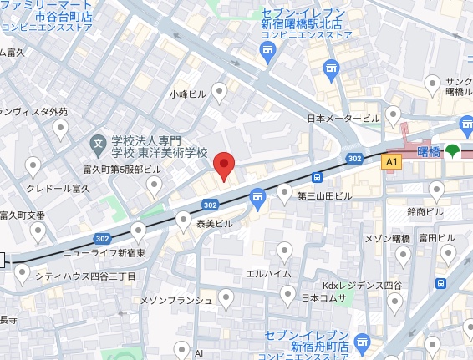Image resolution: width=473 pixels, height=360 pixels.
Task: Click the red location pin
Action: point(224,165)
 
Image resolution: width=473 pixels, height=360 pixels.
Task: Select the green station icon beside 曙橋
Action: point(452,151)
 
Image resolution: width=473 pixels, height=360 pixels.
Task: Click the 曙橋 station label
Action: point(429,151)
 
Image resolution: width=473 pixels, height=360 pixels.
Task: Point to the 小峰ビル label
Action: point(187,94)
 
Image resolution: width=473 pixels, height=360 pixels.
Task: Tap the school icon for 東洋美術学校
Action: point(99,144)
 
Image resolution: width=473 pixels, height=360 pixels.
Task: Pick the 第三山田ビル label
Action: point(325,195)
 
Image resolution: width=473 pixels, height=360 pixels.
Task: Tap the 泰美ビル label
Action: point(214,224)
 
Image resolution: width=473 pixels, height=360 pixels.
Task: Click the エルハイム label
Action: point(268,274)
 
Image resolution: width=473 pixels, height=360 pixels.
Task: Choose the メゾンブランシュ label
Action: point(179,299)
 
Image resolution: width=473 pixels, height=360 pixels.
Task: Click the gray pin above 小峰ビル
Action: point(221,90)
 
